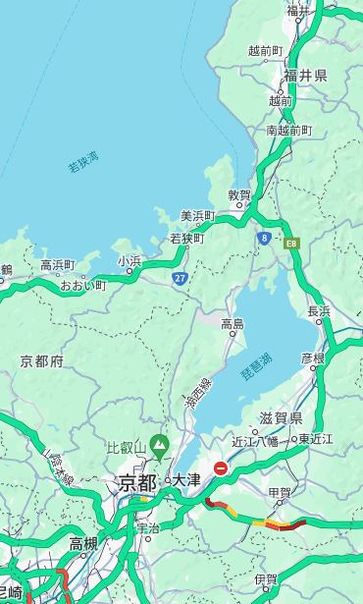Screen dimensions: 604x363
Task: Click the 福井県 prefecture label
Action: pyautogui.click(x=306, y=76)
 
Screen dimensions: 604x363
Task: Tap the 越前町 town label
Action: pyautogui.click(x=265, y=50)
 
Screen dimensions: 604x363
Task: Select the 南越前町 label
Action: pyautogui.click(x=288, y=130)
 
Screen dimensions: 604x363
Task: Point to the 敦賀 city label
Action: pyautogui.click(x=239, y=195)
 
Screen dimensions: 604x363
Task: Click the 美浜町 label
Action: pyautogui.click(x=197, y=216)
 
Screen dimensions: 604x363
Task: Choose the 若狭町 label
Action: pyautogui.click(x=186, y=239)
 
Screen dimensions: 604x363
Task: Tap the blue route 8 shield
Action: pyautogui.click(x=264, y=238)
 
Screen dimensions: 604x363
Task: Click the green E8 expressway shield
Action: pyautogui.click(x=291, y=243)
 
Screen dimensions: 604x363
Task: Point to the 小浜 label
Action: pyautogui.click(x=130, y=261)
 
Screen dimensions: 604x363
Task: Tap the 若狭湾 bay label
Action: pyautogui.click(x=83, y=162)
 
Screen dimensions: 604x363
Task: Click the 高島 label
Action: pyautogui.click(x=233, y=324)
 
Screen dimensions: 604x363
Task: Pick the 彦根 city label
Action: pyautogui.click(x=312, y=357)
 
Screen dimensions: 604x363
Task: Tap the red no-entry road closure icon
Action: pyautogui.click(x=221, y=469)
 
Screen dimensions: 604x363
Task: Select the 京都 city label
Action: pyautogui.click(x=137, y=482)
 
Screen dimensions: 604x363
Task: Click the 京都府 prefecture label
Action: pyautogui.click(x=42, y=361)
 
